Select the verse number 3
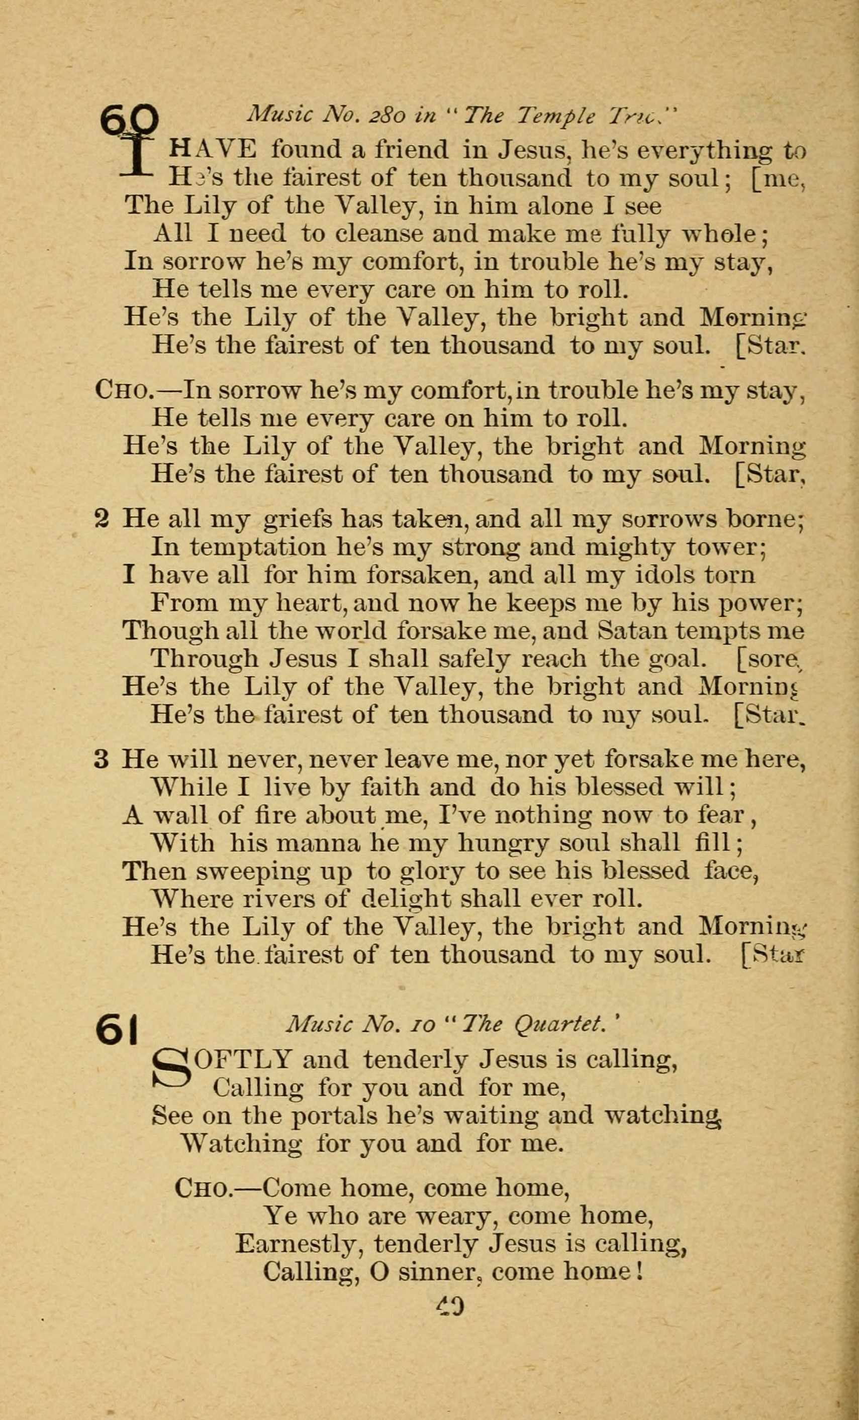pos(101,760)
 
